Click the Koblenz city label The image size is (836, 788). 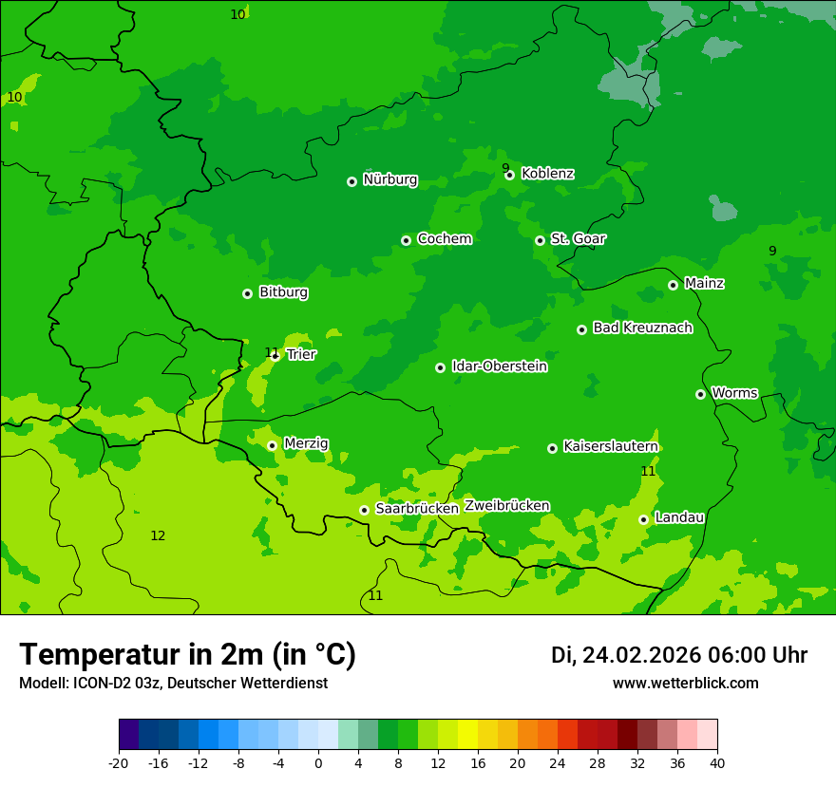click(547, 174)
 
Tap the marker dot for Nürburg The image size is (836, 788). click(351, 181)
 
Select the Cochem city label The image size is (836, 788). click(444, 239)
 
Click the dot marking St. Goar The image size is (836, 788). click(540, 240)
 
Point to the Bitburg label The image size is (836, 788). click(283, 292)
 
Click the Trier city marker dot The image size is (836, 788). click(275, 356)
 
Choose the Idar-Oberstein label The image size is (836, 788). click(499, 366)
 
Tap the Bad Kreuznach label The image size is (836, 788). click(642, 328)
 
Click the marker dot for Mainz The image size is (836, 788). click(673, 285)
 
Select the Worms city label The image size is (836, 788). click(734, 393)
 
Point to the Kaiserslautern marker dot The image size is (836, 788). click(552, 448)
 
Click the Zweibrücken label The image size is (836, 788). click(506, 506)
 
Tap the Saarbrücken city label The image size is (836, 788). click(417, 509)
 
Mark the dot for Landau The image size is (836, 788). click(643, 519)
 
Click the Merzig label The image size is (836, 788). click(306, 443)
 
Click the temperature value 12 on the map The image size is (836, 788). click(158, 536)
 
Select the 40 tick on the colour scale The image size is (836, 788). click(716, 762)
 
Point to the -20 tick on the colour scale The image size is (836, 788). click(119, 762)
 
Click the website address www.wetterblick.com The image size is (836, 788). click(685, 684)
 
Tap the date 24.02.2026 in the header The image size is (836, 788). click(641, 655)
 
